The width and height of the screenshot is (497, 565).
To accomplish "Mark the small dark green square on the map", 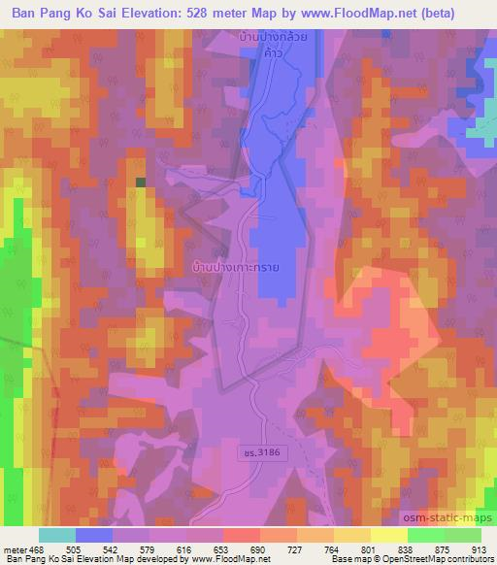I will pyautogui.click(x=141, y=182).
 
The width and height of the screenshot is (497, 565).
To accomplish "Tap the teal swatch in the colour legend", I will pyautogui.click(x=57, y=535).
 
